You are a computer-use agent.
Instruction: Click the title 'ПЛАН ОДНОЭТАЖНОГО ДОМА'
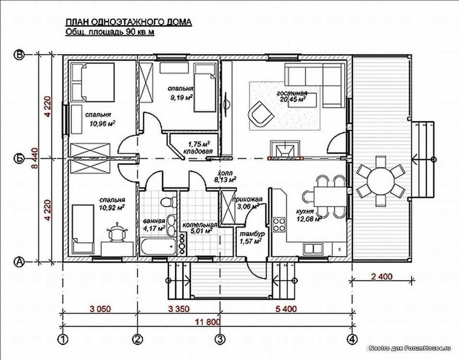pyautogui.click(x=128, y=22)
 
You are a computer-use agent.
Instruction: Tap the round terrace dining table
pyautogui.click(x=381, y=180)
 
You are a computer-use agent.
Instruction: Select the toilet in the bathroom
pyautogui.click(x=166, y=202)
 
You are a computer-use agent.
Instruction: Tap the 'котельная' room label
pyautogui.click(x=199, y=224)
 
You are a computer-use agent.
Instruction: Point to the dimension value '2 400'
pyautogui.click(x=381, y=276)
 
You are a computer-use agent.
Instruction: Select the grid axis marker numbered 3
pyautogui.click(x=220, y=339)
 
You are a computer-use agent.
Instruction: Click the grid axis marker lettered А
pyautogui.click(x=19, y=262)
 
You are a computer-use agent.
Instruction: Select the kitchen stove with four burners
pyautogui.click(x=278, y=224)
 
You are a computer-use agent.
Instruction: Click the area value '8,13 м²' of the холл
pyautogui.click(x=225, y=180)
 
